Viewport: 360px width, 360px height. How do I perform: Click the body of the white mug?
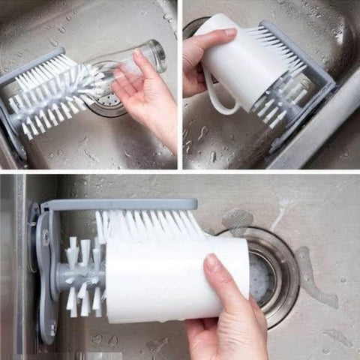click(x=236, y=67)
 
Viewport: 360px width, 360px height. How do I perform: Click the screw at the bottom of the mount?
click(x=52, y=328)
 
